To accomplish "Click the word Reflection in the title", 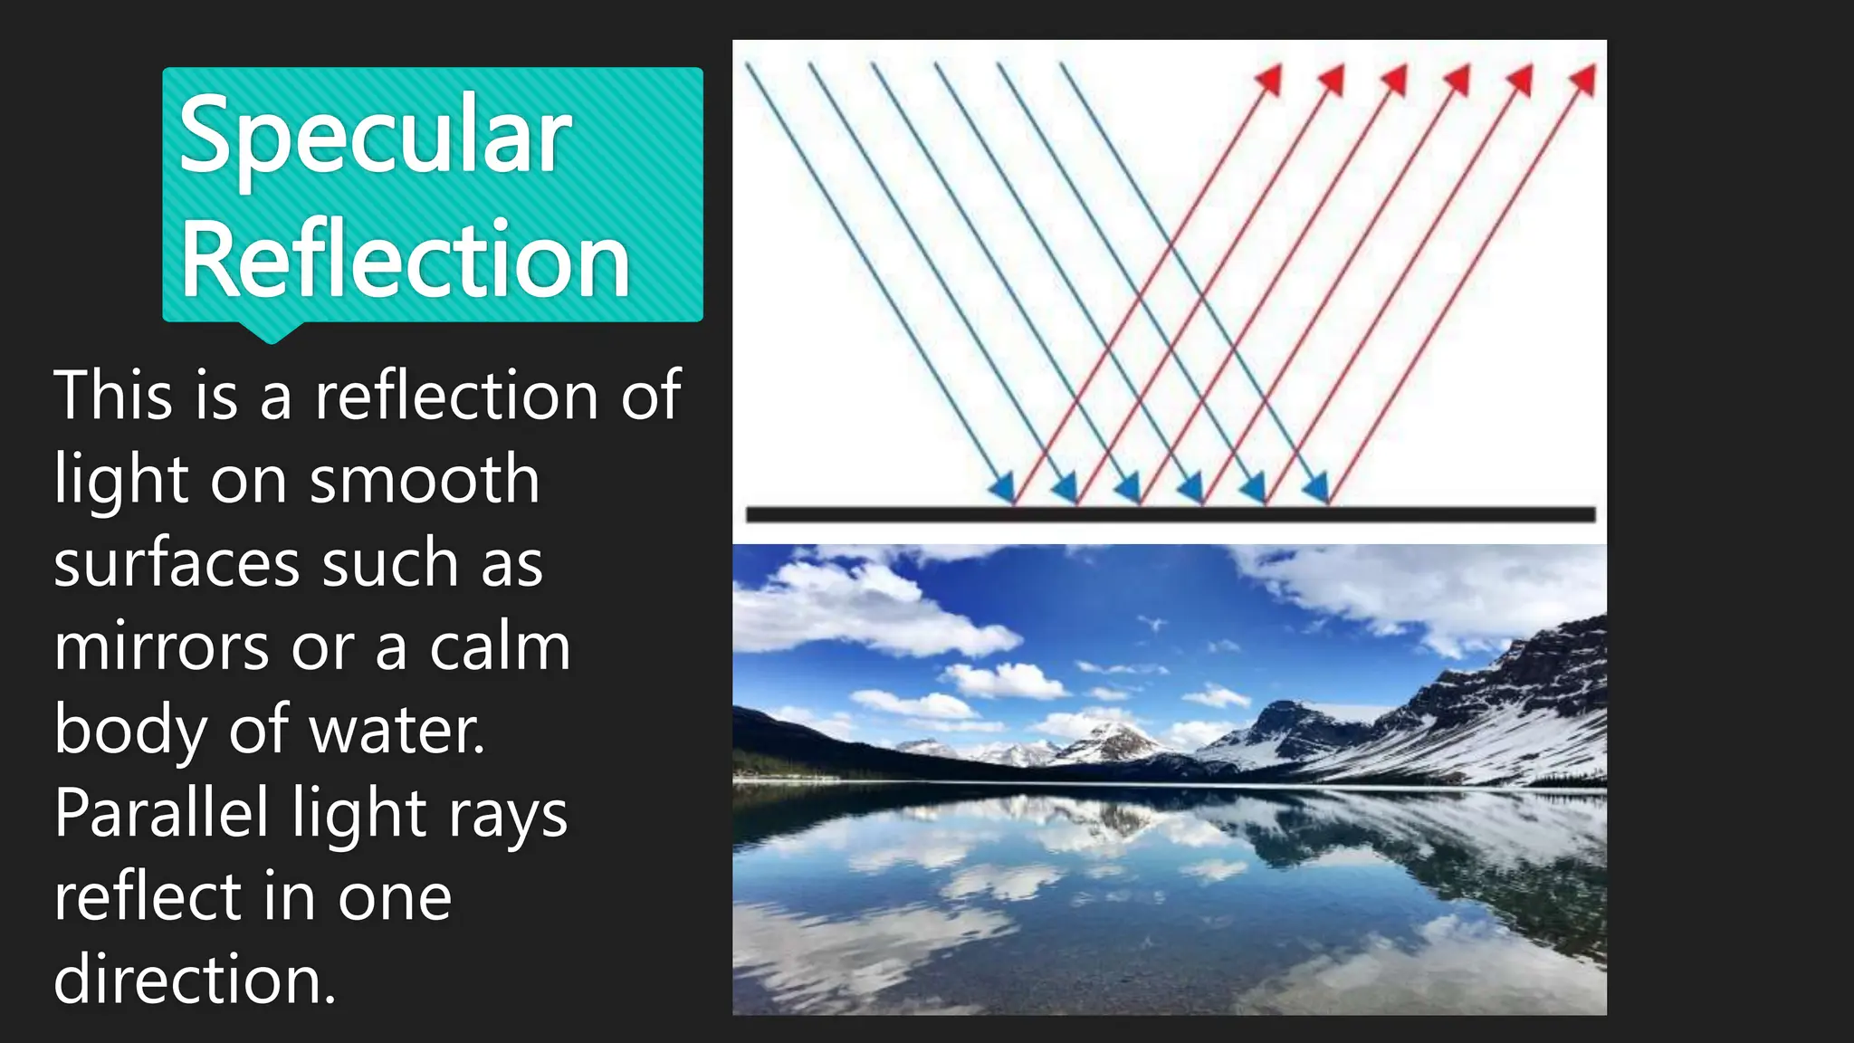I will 405,261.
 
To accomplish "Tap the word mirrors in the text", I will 161,647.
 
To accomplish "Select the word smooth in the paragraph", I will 425,480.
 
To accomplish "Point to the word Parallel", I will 161,812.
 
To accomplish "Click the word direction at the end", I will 194,980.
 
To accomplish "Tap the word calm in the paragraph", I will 500,647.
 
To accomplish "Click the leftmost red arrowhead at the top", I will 1270,80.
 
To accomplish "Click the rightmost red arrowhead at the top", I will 1583,80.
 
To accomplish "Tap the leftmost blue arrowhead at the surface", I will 1002,489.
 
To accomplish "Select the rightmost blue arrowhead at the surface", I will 1316,489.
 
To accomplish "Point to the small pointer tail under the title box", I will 271,332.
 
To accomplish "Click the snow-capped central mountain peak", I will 1112,734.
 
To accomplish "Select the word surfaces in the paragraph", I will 176,563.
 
